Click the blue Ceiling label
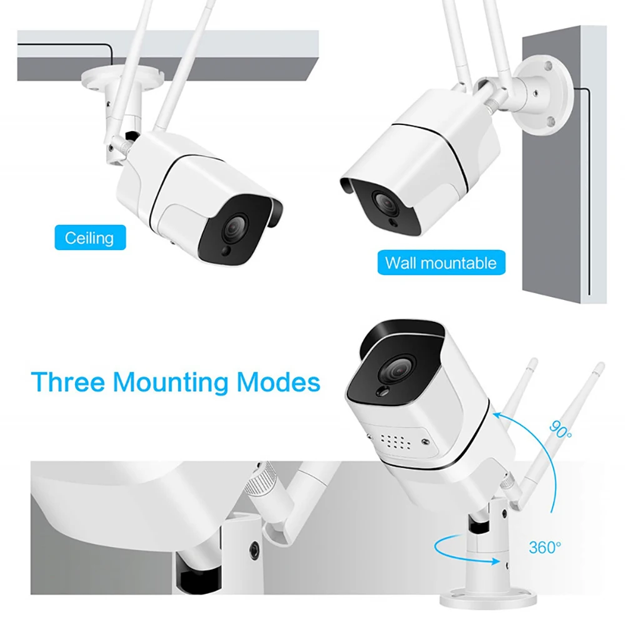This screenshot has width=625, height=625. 90,237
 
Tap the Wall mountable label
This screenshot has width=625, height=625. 440,262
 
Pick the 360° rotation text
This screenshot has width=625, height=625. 544,548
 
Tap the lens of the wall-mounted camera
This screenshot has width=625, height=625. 383,201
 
